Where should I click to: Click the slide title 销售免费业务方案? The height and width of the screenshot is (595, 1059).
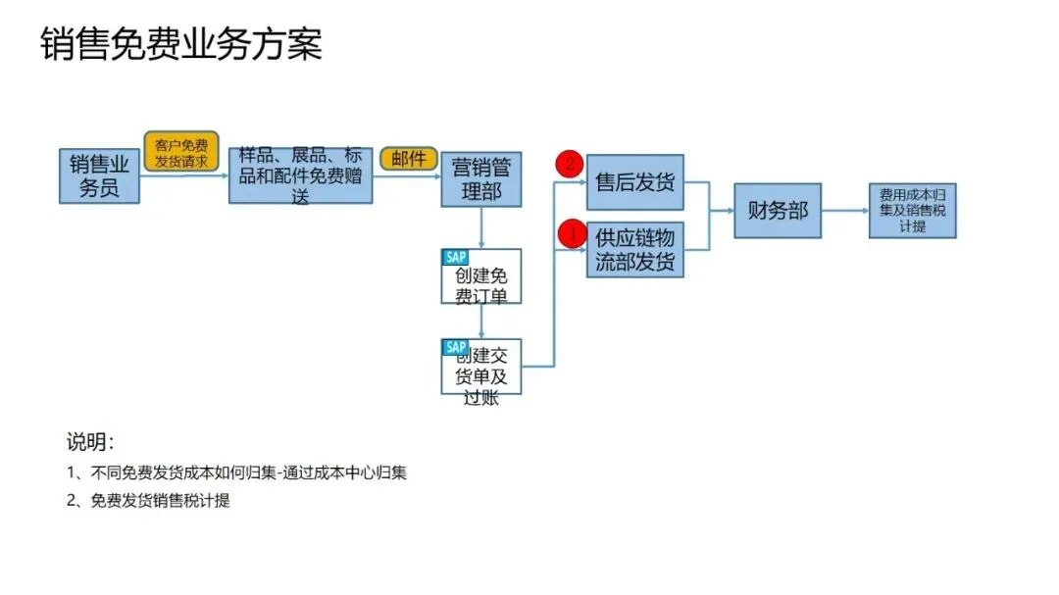coord(181,45)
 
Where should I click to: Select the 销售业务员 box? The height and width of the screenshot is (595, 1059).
coord(99,176)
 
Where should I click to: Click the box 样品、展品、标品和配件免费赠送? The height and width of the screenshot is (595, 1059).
coord(300,176)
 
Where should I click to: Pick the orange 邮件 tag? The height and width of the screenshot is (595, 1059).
coord(408,159)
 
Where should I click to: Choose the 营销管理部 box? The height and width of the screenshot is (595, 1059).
coord(480,179)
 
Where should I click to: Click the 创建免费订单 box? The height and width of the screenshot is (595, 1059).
coord(480,278)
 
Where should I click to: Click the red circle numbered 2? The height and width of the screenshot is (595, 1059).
coord(570,165)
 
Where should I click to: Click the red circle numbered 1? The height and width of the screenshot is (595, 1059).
coord(570,234)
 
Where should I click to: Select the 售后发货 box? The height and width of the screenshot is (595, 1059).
coord(635,182)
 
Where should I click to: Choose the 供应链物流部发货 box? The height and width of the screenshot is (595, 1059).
coord(635,250)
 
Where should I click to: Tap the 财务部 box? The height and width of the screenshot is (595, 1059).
coord(778,210)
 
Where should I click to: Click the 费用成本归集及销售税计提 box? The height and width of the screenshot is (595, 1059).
coord(912,210)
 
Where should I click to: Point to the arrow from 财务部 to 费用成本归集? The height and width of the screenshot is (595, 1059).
coord(844,210)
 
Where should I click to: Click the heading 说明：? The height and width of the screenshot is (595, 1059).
coord(90,440)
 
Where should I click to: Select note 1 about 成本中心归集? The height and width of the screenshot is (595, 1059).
coord(236,472)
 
